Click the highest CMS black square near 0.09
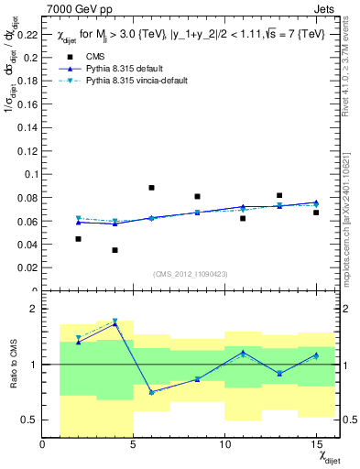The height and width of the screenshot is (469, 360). tap(151, 188)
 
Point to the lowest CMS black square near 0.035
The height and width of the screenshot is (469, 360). tap(115, 250)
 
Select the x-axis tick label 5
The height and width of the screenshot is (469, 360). tap(134, 445)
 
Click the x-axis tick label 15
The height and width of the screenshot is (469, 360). tap(316, 445)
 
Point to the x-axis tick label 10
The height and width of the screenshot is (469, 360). tap(224, 445)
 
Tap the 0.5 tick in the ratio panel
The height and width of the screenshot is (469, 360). tap(29, 420)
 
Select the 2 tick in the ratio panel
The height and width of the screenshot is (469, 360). tap(34, 310)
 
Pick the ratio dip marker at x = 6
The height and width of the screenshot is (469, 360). tap(151, 392)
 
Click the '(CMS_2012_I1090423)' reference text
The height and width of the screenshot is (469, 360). tap(190, 275)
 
